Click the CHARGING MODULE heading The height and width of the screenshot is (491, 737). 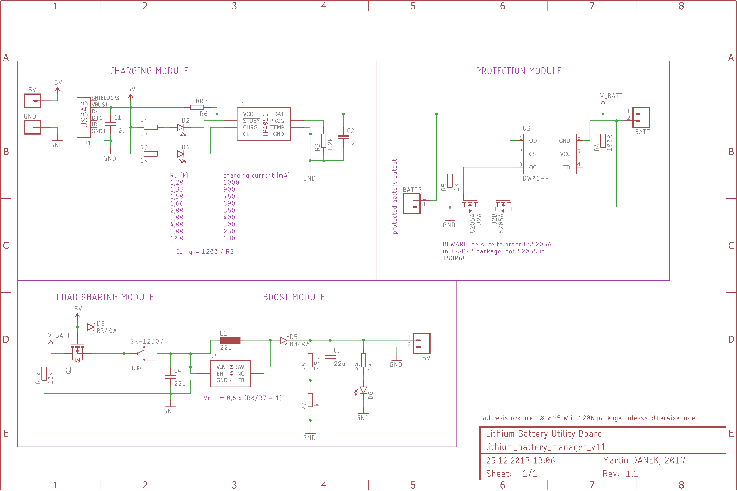(149, 71)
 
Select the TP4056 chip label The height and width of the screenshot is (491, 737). (265, 125)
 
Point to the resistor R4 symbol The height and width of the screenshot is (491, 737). (603, 141)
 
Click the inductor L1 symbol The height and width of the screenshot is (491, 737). (230, 340)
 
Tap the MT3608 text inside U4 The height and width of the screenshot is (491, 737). (232, 374)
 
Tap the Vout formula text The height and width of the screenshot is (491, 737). (243, 398)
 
